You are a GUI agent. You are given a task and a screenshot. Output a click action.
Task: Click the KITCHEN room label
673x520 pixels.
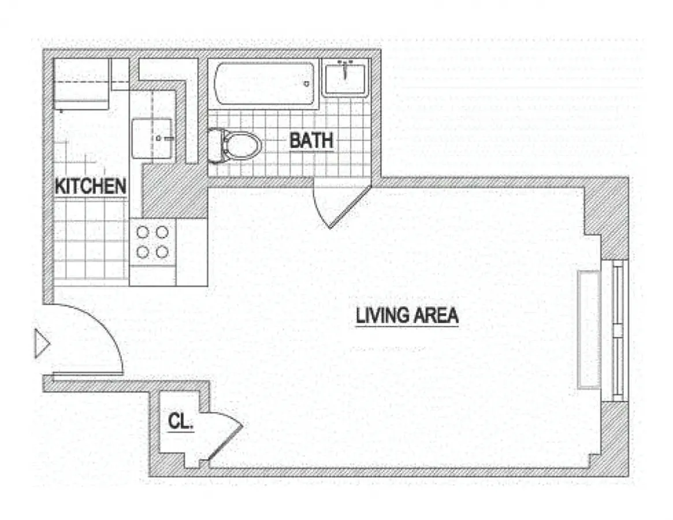(90, 186)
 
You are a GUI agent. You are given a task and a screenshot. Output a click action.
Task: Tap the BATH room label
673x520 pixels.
(311, 140)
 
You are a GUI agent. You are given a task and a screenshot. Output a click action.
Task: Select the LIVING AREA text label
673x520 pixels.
(407, 316)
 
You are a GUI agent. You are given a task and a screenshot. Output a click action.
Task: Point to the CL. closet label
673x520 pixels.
(180, 422)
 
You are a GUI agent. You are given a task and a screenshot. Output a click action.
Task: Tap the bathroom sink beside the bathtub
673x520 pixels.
(345, 79)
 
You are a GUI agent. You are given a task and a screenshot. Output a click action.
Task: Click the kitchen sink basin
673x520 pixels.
(152, 138)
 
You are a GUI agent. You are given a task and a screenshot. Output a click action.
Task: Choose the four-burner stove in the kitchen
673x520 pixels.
(153, 242)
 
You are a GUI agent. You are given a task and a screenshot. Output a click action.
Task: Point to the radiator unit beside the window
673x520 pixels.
(589, 329)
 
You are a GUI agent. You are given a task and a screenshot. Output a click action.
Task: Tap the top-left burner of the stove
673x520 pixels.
(143, 232)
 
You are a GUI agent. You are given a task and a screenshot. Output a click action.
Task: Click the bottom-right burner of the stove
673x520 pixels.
(162, 252)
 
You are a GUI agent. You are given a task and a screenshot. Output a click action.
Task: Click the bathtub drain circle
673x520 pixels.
(307, 84)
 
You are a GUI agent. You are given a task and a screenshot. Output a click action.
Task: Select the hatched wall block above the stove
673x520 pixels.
(173, 191)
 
